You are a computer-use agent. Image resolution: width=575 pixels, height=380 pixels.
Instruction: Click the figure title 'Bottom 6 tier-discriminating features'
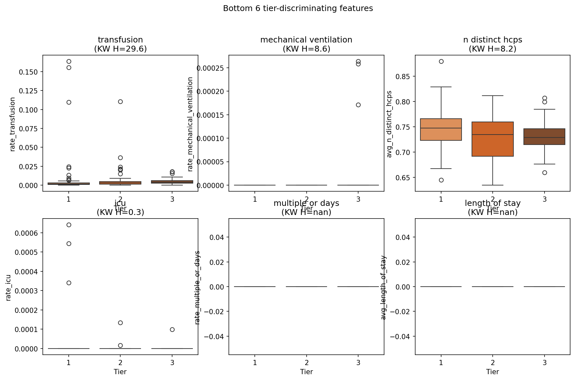pyautogui.click(x=298, y=8)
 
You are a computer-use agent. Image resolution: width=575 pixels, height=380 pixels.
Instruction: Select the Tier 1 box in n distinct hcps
pyautogui.click(x=441, y=129)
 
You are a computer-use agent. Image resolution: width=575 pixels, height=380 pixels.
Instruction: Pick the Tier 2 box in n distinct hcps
pyautogui.click(x=493, y=139)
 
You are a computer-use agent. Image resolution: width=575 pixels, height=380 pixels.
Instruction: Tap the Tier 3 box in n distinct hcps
pyautogui.click(x=544, y=137)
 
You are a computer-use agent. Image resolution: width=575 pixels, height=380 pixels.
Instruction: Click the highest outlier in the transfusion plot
pyautogui.click(x=69, y=61)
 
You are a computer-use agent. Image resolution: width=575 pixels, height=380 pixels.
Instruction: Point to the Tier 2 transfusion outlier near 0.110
pyautogui.click(x=120, y=101)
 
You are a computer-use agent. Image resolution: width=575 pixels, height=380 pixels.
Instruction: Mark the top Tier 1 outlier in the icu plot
pyautogui.click(x=69, y=225)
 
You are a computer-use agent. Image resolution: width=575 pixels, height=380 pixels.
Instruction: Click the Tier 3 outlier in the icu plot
pyautogui.click(x=172, y=329)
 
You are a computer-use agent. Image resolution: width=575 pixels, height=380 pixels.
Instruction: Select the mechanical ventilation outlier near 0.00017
pyautogui.click(x=358, y=105)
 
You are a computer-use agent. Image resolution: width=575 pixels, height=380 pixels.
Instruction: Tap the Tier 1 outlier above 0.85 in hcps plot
pyautogui.click(x=441, y=61)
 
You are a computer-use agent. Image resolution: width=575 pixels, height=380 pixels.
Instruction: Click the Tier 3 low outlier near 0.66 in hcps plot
pyautogui.click(x=545, y=172)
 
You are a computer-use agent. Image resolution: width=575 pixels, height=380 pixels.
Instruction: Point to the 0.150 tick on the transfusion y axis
pyautogui.click(x=29, y=72)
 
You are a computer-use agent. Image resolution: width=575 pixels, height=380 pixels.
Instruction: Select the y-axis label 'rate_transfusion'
pyautogui.click(x=13, y=124)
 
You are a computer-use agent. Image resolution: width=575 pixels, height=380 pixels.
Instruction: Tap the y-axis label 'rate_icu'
pyautogui.click(x=8, y=288)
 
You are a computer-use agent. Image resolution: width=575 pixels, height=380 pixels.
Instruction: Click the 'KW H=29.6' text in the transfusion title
pyautogui.click(x=120, y=49)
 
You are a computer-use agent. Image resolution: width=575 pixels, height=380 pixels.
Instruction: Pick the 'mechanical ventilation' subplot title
pyautogui.click(x=306, y=40)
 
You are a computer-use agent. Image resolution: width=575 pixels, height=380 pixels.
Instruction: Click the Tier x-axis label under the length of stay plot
pyautogui.click(x=492, y=372)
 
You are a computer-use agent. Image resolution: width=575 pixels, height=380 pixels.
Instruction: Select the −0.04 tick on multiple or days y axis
pyautogui.click(x=218, y=336)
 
